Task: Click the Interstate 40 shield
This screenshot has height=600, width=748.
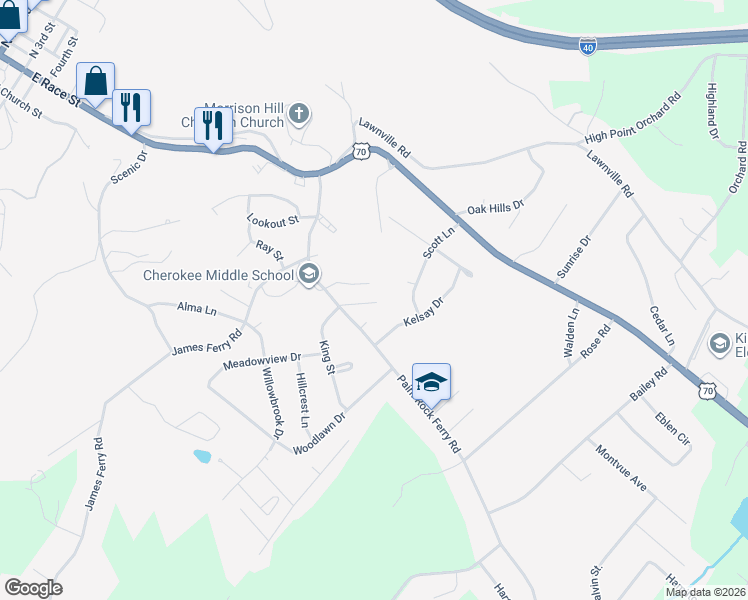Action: [587, 46]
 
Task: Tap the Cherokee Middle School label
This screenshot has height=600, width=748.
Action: [219, 275]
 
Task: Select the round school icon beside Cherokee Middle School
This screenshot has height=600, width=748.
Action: [309, 275]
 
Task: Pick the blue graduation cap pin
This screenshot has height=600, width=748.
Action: [431, 382]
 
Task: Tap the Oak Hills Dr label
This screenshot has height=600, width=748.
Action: [495, 208]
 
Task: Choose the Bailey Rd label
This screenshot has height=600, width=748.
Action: [647, 385]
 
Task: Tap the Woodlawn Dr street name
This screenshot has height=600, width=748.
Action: [319, 434]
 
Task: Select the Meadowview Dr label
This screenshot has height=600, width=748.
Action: [262, 359]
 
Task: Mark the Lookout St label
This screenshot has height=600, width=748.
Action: [273, 219]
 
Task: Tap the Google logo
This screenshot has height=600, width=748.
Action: [33, 588]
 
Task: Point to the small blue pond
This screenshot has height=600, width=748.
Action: [201, 456]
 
